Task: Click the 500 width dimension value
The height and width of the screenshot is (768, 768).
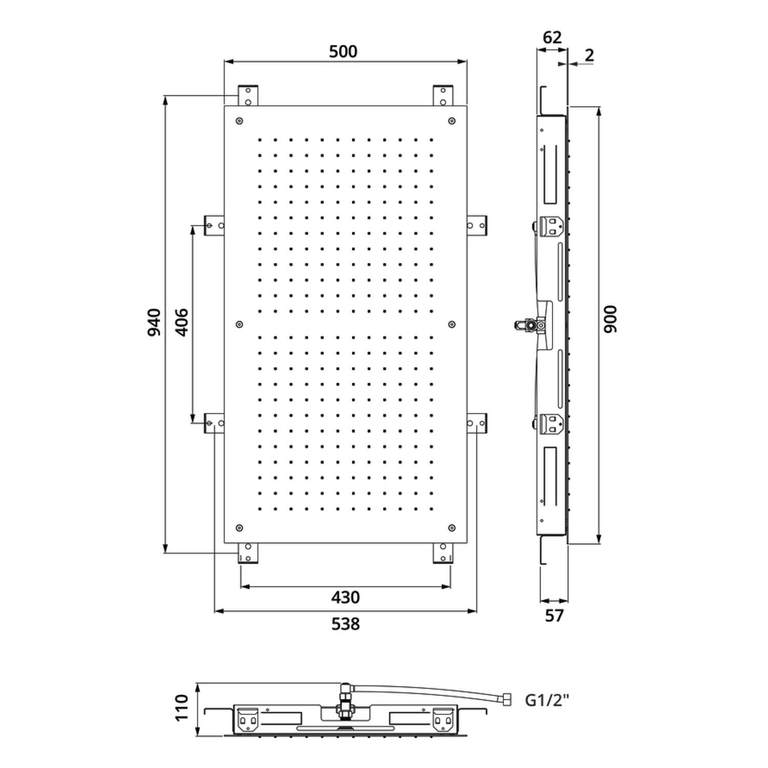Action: coord(343,51)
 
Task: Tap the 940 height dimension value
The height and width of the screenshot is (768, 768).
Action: coord(154,323)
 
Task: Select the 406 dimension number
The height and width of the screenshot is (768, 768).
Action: coord(182,323)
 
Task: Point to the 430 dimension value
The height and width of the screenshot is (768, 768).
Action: coord(346,597)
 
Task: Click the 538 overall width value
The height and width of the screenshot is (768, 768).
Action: coord(346,624)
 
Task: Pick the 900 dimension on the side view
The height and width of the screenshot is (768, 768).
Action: coord(610,319)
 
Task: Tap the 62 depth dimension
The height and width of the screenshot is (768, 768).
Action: coord(552,37)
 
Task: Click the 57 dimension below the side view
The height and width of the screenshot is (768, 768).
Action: coord(554,615)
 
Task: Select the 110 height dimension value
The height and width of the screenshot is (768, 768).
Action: coord(182,708)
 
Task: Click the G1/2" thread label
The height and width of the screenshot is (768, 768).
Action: coord(547,700)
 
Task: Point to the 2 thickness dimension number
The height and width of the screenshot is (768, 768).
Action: coord(589,55)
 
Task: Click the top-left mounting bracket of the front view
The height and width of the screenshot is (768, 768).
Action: coord(248,96)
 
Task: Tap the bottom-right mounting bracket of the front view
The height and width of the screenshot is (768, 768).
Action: coord(443,553)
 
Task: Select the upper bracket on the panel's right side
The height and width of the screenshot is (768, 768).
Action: coord(477,225)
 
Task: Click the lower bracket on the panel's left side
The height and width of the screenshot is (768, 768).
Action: coord(215,423)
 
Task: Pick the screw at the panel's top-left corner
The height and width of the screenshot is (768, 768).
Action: coord(239,121)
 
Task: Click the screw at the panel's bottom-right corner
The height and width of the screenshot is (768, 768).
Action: coord(452,528)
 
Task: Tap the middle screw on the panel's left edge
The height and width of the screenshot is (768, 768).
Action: coord(239,324)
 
